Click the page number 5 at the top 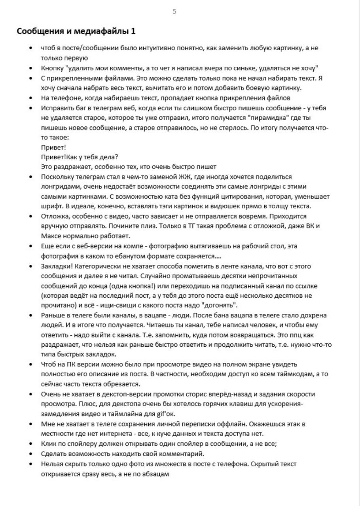point(174,11)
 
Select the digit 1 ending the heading point(133,31)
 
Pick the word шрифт point(50,206)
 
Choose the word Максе point(50,236)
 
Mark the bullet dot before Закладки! point(31,266)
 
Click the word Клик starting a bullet point(48,444)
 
